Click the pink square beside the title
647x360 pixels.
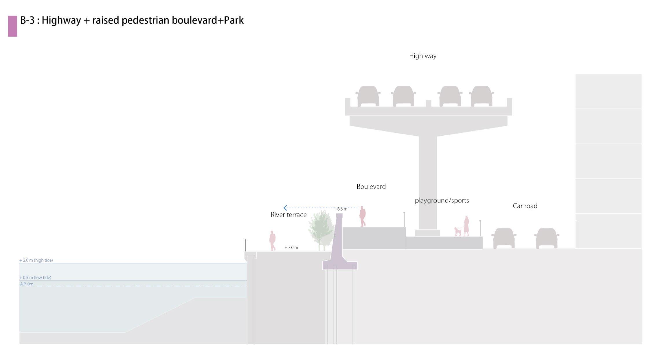click(x=12, y=26)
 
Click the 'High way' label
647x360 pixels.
click(x=422, y=56)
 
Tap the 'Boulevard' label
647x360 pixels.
click(x=371, y=187)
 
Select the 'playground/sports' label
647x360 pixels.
click(x=442, y=200)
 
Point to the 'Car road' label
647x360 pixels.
click(x=525, y=206)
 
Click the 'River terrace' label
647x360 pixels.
click(x=288, y=215)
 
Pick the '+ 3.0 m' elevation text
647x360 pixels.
click(x=291, y=248)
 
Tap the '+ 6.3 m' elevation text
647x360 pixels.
click(x=341, y=209)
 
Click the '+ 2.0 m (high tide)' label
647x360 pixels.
click(x=36, y=260)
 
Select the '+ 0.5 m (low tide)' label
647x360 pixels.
click(x=35, y=278)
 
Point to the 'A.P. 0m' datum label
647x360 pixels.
click(x=27, y=284)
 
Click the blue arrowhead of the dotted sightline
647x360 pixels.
click(x=285, y=208)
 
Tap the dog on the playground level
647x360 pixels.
click(x=457, y=232)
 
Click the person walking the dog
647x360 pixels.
click(x=466, y=226)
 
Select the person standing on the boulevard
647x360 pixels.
click(x=363, y=216)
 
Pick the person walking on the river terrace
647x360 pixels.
click(x=272, y=241)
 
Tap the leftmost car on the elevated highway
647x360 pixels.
click(x=368, y=96)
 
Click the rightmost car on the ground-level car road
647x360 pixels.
click(x=546, y=238)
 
